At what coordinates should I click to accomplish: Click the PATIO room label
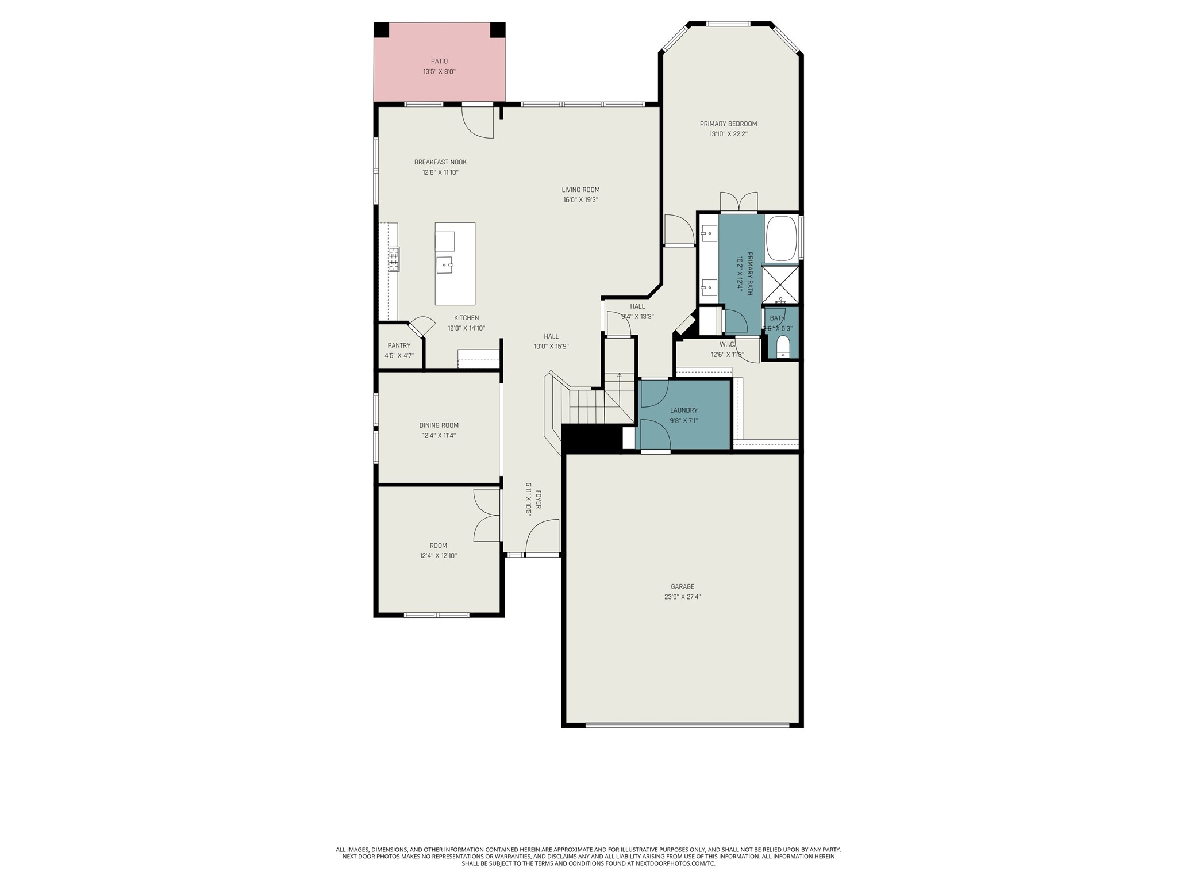[x=439, y=61]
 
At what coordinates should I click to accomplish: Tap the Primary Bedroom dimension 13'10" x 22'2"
[x=728, y=135]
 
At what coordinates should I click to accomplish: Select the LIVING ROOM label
[x=580, y=190]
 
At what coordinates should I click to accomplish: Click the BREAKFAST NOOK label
[x=440, y=162]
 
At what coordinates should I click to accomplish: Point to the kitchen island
[x=455, y=263]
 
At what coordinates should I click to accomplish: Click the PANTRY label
[x=399, y=345]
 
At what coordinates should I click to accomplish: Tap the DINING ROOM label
[x=439, y=425]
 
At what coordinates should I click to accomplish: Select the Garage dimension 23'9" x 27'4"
[x=682, y=597]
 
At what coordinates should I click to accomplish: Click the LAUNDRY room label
[x=683, y=410]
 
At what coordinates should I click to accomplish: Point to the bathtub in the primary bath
[x=782, y=238]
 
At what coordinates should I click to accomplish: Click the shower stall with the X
[x=780, y=283]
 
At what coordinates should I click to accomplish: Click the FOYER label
[x=539, y=500]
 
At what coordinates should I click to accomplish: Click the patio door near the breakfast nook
[x=478, y=122]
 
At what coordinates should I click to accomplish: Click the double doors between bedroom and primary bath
[x=738, y=203]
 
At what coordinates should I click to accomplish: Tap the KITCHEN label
[x=466, y=318]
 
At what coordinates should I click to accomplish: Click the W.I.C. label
[x=727, y=344]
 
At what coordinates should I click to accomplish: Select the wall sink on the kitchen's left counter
[x=394, y=259]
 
